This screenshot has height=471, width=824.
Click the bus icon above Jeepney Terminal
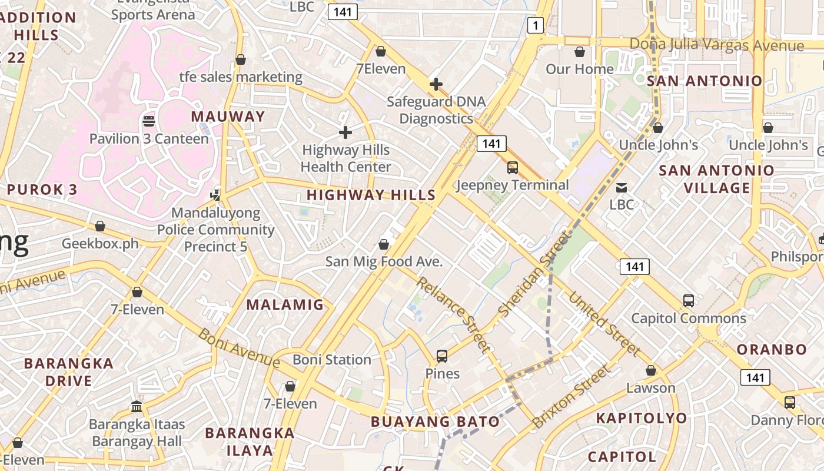coord(513,168)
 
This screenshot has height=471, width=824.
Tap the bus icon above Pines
coord(442,356)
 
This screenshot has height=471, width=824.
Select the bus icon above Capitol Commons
coord(689,300)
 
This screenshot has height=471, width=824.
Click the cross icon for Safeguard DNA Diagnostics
coord(436,84)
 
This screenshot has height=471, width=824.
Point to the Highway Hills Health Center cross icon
coord(345,132)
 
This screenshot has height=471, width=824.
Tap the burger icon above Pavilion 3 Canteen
coord(149,121)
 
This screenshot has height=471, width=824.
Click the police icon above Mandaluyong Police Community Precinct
coord(216,194)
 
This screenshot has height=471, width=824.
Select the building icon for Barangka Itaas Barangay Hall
coord(137,406)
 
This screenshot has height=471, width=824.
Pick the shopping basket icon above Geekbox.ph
coord(100,226)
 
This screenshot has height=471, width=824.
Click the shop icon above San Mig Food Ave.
coord(384,244)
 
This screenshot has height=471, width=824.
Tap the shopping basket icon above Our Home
coord(580,52)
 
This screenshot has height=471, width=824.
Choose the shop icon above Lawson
coord(651,370)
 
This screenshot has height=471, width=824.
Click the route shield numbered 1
coord(534,25)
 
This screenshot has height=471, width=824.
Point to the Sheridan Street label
coord(534,274)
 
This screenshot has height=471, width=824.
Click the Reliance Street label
coord(453,315)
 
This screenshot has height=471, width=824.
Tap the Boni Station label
coord(332,359)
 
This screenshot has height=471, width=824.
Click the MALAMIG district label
coord(285,304)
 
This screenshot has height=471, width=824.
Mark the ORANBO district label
coord(772,349)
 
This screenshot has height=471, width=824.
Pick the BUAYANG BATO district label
coord(435,422)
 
